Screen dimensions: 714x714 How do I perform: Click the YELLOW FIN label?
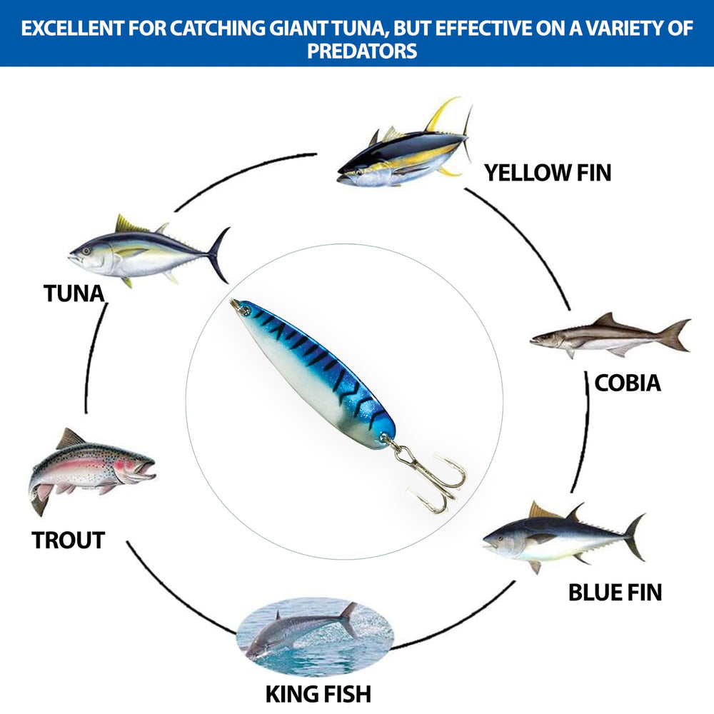[548, 173]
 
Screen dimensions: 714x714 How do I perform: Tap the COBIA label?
[628, 383]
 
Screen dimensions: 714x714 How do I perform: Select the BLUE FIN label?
[615, 593]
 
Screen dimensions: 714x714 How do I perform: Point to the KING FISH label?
[318, 694]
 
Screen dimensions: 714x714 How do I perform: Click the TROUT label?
[69, 540]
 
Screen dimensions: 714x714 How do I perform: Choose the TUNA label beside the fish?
[74, 293]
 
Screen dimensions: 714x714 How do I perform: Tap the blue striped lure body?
[314, 373]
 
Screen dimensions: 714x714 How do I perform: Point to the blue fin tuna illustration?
[564, 538]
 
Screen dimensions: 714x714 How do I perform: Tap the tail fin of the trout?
[39, 498]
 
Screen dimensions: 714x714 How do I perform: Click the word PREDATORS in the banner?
[362, 51]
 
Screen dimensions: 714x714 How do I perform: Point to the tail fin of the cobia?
[675, 335]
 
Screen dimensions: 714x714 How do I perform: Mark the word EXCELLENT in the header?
[73, 29]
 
